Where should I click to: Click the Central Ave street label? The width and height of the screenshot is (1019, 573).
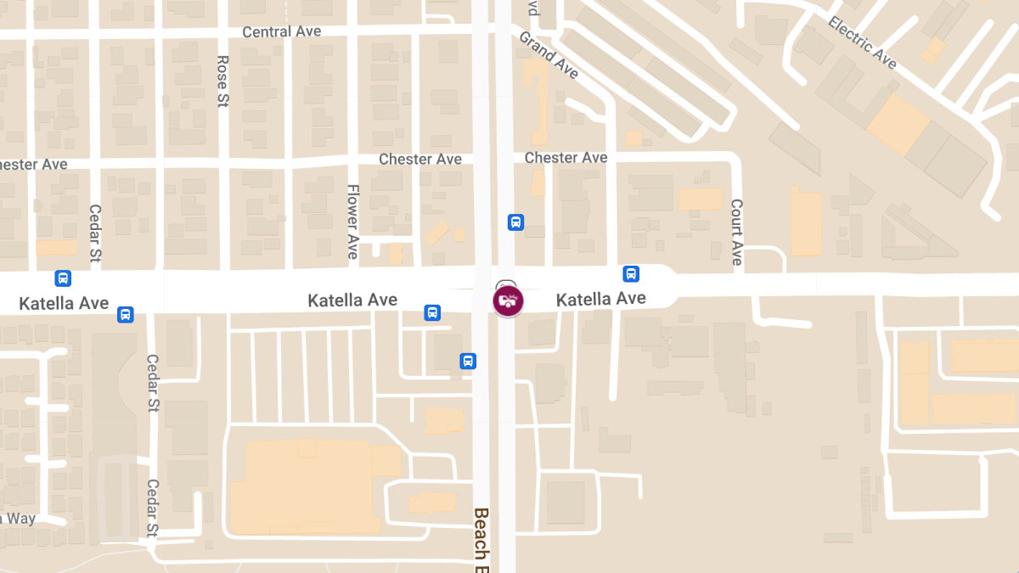coord(281,31)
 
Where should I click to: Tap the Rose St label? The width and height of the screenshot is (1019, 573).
coord(223,81)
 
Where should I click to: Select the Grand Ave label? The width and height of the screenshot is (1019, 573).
coord(549,55)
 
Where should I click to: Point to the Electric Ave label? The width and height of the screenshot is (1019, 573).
coord(862,42)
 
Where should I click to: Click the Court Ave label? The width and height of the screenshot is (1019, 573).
coord(737,232)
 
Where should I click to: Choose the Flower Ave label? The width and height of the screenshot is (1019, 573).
coord(352,222)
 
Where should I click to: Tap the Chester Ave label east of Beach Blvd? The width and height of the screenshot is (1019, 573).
coord(566,158)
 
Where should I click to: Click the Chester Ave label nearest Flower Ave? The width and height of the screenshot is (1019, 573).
coord(419,159)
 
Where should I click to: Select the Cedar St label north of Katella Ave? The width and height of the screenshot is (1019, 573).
coord(95,232)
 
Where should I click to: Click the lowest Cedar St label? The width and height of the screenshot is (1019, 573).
coord(153,508)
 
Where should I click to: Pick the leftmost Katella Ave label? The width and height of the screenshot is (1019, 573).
coord(64,303)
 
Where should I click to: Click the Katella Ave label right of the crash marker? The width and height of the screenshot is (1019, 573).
coord(600,299)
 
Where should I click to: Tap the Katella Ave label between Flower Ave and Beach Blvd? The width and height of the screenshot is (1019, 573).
coord(352,301)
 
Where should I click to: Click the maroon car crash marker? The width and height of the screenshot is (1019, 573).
coord(508,301)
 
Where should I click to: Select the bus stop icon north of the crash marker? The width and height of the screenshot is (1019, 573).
coord(515,222)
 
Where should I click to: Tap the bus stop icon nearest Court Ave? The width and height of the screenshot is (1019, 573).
coord(631,273)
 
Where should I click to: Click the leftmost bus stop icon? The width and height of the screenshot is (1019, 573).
coord(63,278)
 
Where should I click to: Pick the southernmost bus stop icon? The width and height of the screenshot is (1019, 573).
coord(468,361)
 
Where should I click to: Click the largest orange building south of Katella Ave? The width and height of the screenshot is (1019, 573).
coord(305,486)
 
